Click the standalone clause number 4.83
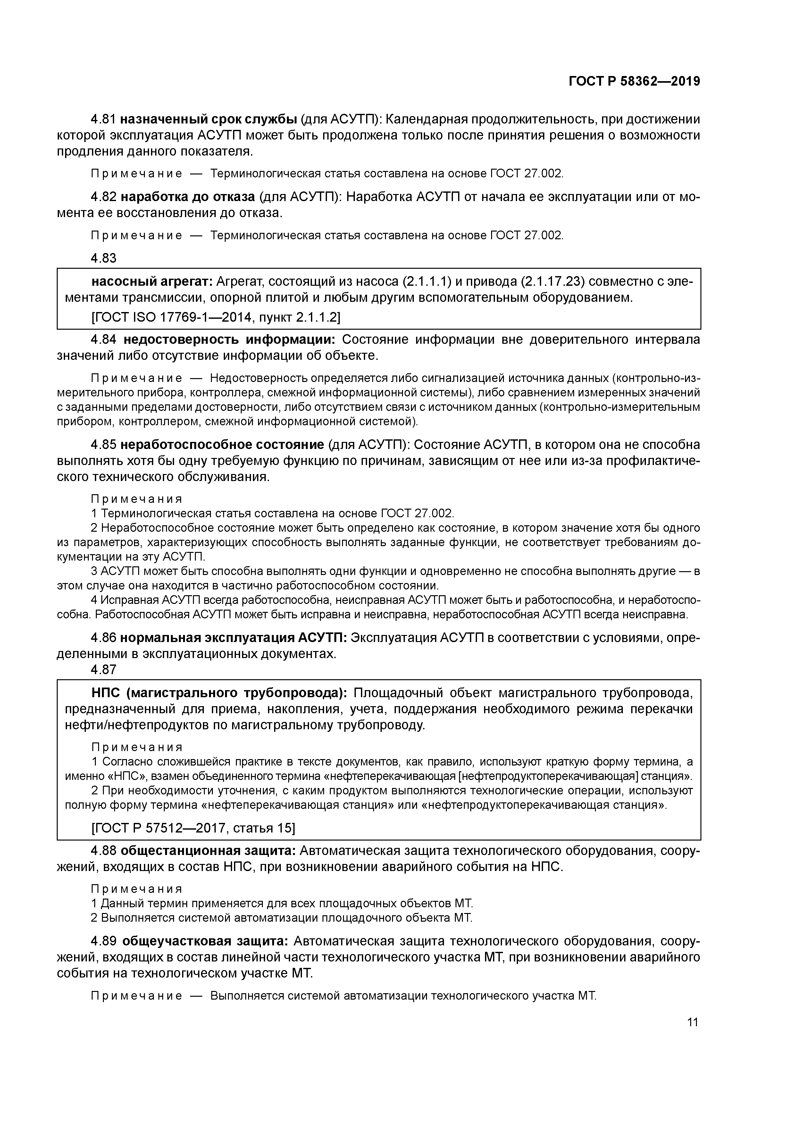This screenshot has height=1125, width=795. point(103,258)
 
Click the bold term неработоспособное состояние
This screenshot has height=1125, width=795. point(222,445)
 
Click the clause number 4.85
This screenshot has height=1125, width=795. point(103,445)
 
